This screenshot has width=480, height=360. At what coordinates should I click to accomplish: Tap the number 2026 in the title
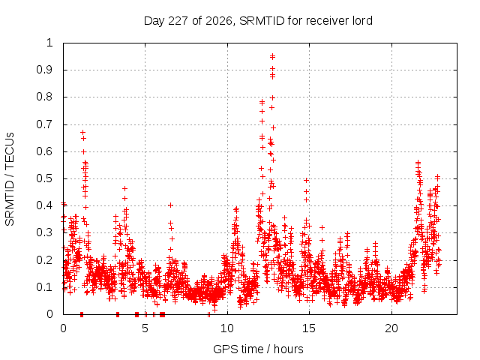click(x=218, y=21)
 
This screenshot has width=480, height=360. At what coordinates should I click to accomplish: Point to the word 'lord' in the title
click(x=362, y=21)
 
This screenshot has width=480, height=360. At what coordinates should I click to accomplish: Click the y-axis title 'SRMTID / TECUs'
click(x=10, y=179)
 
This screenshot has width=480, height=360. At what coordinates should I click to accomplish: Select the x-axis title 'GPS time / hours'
click(x=258, y=349)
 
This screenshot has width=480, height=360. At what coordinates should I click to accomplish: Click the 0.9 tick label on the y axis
click(x=45, y=70)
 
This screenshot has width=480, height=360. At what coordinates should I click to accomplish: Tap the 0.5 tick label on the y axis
click(x=45, y=178)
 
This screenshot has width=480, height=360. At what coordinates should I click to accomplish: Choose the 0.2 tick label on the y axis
click(x=45, y=260)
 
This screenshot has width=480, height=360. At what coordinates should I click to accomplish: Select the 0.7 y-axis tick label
click(x=45, y=124)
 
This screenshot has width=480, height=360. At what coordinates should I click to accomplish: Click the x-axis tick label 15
click(x=309, y=328)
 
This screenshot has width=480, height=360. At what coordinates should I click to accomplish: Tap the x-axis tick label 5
click(x=145, y=328)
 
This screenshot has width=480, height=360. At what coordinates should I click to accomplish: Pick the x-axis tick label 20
click(x=391, y=328)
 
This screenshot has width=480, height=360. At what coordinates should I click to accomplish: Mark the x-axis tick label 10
click(x=227, y=328)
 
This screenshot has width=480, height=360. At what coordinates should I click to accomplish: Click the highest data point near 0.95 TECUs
click(x=272, y=56)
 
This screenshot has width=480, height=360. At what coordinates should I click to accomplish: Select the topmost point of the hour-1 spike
click(x=82, y=132)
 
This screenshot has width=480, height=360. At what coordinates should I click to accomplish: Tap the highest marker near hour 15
click(x=306, y=180)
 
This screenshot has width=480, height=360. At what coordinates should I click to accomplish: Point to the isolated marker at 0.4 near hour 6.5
click(x=171, y=205)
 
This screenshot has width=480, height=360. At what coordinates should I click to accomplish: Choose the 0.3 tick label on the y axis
click(x=45, y=232)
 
